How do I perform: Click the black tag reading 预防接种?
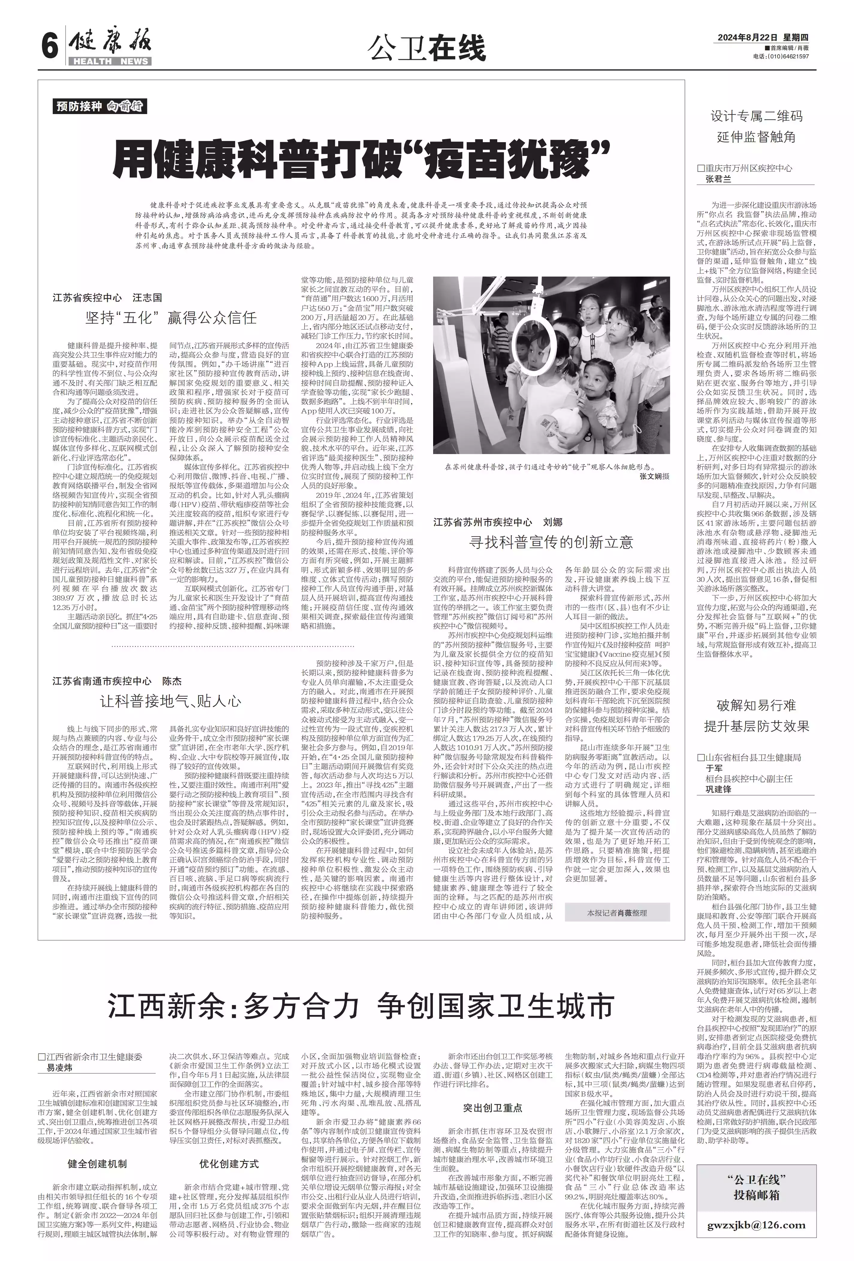pos(79,106)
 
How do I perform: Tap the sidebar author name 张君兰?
pos(718,180)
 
